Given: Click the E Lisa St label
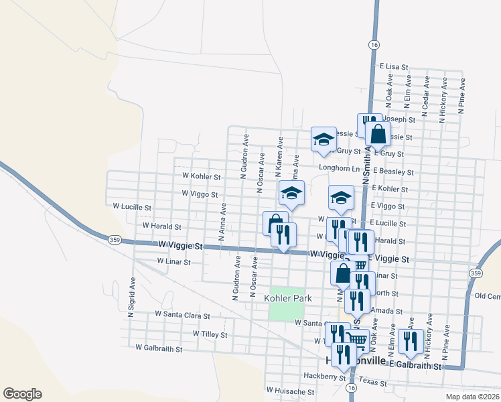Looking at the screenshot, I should coord(394,67).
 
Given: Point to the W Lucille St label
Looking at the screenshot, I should coord(132,208).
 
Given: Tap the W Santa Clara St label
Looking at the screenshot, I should coord(182,314).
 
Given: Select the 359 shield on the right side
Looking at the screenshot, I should coord(476,273).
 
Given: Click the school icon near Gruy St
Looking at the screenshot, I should coord(324,139).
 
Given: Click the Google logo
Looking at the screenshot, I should coord(22,394).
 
